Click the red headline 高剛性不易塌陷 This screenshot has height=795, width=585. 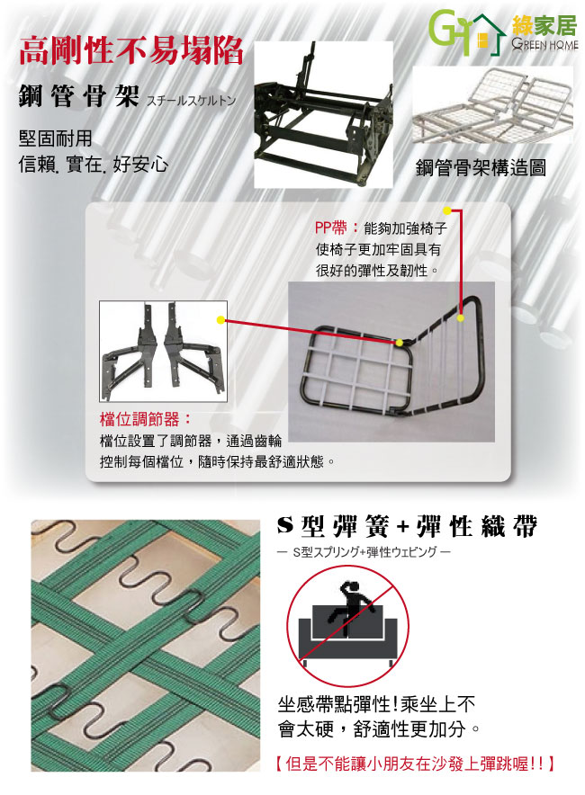(x=130, y=51)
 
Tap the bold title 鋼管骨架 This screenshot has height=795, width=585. (x=78, y=96)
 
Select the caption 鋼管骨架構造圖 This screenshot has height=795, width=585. (x=481, y=167)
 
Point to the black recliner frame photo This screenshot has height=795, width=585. (x=323, y=114)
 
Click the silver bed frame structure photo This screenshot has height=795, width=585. (x=492, y=105)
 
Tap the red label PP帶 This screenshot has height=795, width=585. (x=330, y=228)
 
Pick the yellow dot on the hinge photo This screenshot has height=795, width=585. (x=220, y=320)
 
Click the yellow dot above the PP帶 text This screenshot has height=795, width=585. (x=447, y=210)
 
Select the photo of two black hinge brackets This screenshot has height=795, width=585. (x=163, y=352)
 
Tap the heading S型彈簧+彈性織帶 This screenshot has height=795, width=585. (x=407, y=527)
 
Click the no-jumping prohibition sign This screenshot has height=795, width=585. (x=348, y=625)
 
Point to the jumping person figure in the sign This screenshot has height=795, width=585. (x=349, y=606)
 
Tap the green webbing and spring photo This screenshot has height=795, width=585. (x=145, y=646)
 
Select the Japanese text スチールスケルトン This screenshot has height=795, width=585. (x=192, y=101)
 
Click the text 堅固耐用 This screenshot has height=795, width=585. (x=55, y=138)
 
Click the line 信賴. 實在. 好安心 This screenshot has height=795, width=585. (x=93, y=165)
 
